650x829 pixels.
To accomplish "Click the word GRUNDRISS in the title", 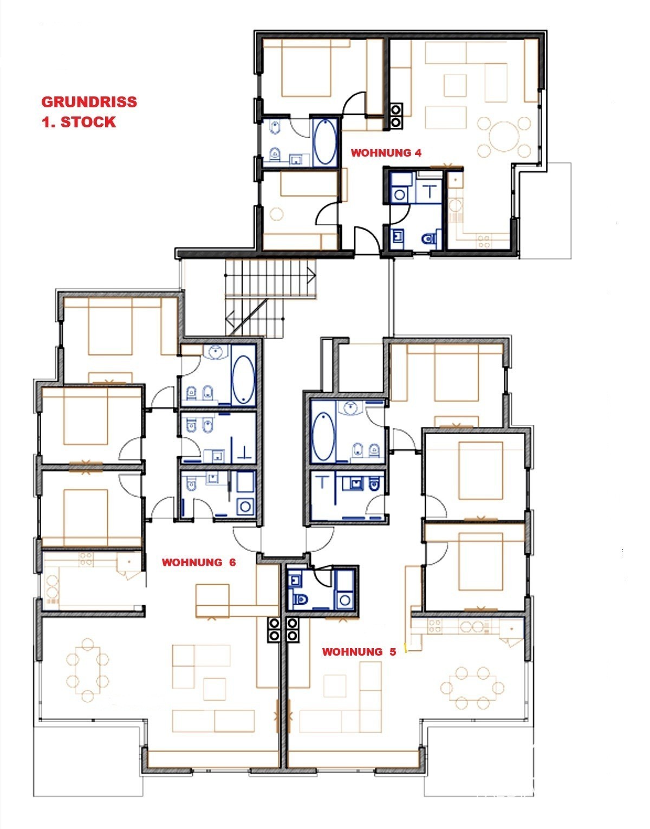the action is [89, 102].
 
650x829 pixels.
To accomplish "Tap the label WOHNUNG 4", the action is [386, 153].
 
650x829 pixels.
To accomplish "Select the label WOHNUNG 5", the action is [359, 652].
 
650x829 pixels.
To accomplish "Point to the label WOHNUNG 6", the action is [199, 563].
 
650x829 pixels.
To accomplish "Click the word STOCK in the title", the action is [88, 122].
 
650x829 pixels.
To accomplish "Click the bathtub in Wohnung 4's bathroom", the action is [325, 143].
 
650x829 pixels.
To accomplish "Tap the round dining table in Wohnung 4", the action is [504, 136].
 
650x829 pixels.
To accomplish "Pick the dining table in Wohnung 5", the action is [472, 688].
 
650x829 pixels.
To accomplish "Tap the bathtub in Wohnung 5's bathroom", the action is [323, 436].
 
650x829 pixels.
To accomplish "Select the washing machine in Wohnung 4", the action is [400, 195].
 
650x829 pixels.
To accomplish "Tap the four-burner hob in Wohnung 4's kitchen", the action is [484, 242].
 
